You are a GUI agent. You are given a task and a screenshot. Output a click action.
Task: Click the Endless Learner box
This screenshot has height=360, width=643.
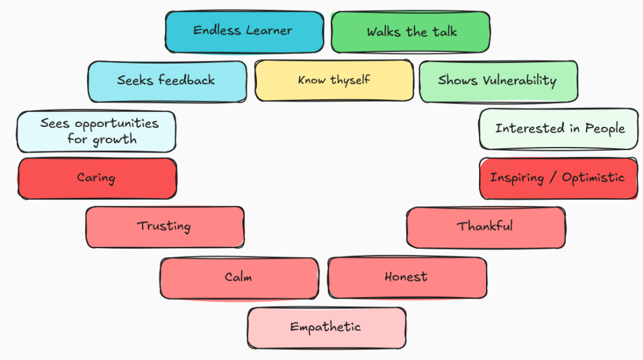click(244, 31)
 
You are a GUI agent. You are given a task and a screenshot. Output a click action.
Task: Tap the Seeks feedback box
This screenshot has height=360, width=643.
click(166, 81)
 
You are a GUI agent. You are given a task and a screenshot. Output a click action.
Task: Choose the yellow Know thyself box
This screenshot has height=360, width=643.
click(333, 80)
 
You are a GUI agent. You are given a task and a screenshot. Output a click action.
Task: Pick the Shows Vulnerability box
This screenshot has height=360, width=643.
click(498, 81)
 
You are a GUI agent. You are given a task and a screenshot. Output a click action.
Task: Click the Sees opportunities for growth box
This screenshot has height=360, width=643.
click(96, 131)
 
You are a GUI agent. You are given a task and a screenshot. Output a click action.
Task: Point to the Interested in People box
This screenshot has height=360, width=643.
click(559, 129)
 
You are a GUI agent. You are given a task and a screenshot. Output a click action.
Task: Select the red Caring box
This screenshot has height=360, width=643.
click(97, 178)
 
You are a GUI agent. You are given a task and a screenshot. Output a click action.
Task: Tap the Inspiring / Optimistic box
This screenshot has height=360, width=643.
click(558, 178)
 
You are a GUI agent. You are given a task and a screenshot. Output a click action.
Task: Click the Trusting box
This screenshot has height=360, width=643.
click(165, 227)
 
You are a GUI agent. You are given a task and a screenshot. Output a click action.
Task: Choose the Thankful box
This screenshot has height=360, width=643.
click(485, 227)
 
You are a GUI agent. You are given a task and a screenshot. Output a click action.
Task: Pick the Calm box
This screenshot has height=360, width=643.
click(239, 278)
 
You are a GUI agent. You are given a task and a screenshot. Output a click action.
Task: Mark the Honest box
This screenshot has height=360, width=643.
click(406, 277)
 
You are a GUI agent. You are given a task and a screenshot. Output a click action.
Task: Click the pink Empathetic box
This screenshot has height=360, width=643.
click(326, 327)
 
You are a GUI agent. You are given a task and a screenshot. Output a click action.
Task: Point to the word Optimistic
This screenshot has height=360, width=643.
click(593, 178)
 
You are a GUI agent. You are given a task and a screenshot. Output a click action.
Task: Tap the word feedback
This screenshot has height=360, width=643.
click(186, 80)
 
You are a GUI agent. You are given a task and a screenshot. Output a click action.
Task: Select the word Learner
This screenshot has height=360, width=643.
click(269, 30)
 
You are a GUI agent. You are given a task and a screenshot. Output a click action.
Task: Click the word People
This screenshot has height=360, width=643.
click(605, 129)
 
